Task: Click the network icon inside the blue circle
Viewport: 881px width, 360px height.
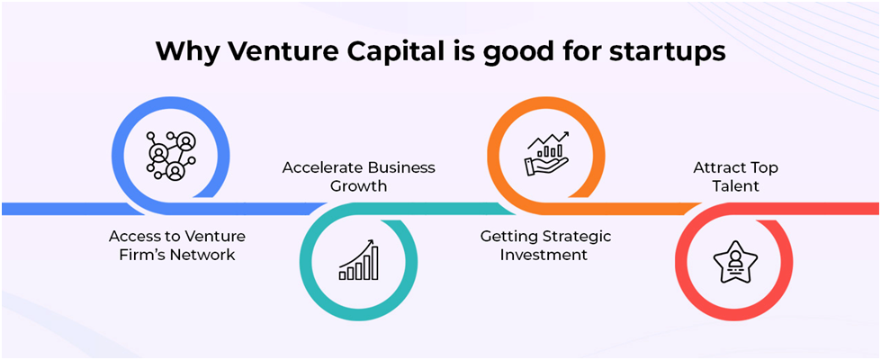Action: [170, 156]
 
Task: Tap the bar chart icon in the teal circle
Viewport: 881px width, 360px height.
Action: [358, 260]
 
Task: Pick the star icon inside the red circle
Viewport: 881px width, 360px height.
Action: [734, 261]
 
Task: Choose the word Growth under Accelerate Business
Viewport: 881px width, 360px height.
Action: [358, 186]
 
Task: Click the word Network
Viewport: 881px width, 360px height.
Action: [202, 255]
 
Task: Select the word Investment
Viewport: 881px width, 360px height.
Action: [544, 255]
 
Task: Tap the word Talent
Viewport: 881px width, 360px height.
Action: [735, 186]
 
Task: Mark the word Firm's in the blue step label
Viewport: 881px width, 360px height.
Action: [143, 255]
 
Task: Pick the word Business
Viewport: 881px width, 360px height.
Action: [401, 168]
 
